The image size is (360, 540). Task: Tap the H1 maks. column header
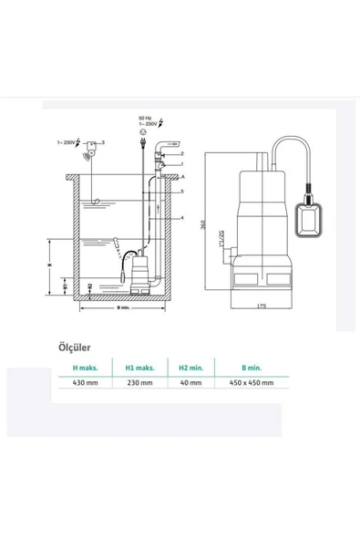click(139, 368)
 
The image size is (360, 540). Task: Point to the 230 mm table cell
click(139, 383)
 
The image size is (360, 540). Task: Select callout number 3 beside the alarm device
click(103, 142)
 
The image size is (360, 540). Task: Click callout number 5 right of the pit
click(181, 192)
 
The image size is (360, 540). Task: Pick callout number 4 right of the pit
click(181, 219)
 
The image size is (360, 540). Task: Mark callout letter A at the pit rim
click(181, 175)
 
